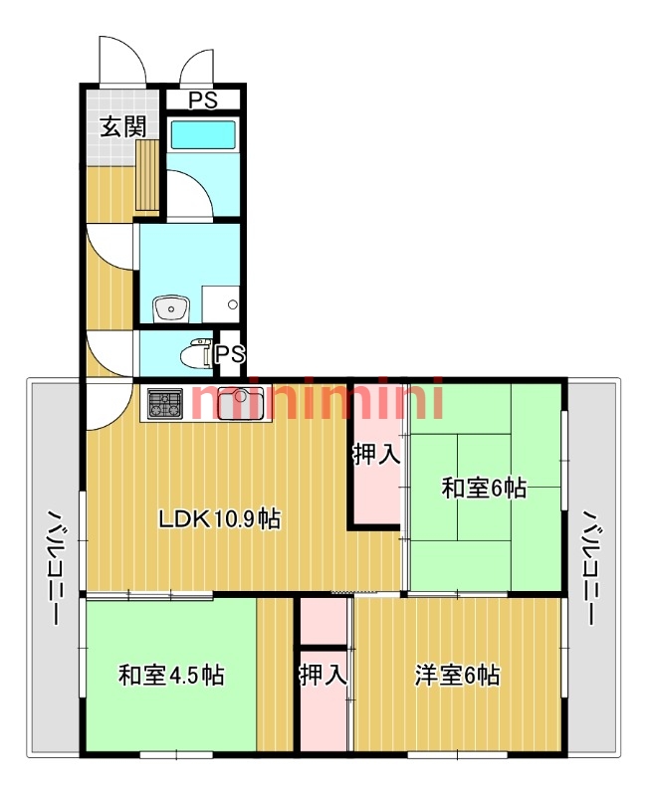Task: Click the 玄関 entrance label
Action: [122, 126]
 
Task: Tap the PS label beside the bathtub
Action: [203, 99]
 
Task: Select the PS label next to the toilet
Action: [231, 354]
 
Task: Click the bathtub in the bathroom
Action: [203, 133]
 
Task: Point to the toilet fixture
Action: [196, 353]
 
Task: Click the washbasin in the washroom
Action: [171, 308]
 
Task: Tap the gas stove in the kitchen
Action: [165, 404]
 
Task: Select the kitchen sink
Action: [241, 404]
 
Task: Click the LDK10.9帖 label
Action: [219, 518]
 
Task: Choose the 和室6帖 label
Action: [484, 489]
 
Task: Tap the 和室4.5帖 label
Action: [171, 676]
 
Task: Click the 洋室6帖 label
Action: [457, 676]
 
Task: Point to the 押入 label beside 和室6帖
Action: [376, 454]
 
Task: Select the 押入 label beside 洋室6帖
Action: [323, 676]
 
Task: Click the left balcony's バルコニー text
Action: [55, 567]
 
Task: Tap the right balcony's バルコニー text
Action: [591, 567]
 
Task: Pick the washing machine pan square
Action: [220, 304]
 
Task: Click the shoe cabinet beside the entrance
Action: [147, 175]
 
